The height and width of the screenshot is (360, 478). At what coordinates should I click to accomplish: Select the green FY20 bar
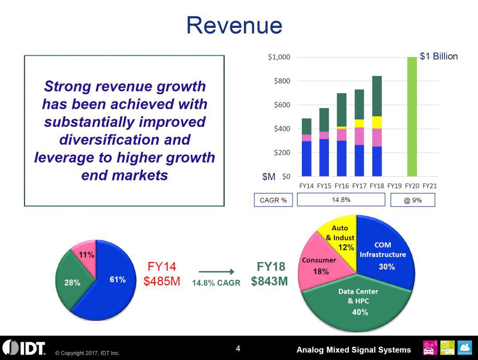(412, 117)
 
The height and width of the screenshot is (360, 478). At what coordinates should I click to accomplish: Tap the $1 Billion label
(438, 57)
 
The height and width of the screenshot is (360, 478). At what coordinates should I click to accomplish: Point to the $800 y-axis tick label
(279, 81)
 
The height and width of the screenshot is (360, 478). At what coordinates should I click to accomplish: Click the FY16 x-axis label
(341, 186)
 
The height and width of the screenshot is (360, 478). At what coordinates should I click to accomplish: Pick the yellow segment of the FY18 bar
(377, 123)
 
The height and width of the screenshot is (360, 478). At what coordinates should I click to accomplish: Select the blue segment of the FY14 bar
(306, 159)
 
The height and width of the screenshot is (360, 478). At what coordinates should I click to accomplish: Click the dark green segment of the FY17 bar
(359, 104)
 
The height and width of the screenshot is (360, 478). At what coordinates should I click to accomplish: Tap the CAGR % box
(273, 200)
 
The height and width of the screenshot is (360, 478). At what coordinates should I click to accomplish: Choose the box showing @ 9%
(412, 200)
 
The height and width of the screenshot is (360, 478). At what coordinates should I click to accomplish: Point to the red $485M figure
(162, 282)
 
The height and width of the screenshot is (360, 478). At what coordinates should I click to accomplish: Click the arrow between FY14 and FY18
(216, 272)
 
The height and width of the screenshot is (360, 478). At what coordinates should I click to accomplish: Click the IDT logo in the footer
(24, 348)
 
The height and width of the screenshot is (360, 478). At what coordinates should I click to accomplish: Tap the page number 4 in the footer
(238, 349)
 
